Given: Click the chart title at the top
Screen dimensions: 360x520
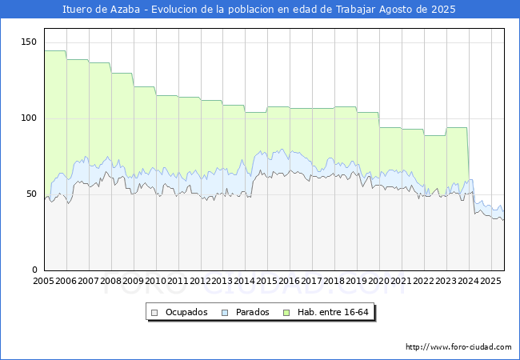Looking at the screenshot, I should click(259, 10).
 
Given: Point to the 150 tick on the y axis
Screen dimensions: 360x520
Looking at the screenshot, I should click(30, 42).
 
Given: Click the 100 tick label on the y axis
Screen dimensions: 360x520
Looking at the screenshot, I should click(30, 118).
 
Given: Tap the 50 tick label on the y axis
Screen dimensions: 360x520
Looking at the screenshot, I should click(32, 194).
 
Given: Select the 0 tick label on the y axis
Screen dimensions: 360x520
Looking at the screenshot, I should click(34, 270).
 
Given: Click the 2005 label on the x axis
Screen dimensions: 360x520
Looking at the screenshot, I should click(44, 281).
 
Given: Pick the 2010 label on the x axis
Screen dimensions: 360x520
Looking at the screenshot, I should click(155, 281).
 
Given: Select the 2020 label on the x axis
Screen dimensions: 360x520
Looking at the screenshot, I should click(378, 281).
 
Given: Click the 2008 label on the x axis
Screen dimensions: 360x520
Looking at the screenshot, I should click(110, 281).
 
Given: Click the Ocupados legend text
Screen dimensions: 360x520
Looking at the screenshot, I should click(186, 312).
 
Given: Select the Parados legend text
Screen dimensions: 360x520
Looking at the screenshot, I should click(252, 312).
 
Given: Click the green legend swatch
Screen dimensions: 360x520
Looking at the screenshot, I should click(293, 312).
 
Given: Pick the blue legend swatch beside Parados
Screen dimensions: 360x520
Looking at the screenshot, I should click(226, 312).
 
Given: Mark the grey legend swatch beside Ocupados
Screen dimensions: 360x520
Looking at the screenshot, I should click(155, 312).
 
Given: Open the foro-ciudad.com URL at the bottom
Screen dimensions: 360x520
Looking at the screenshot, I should click(458, 347).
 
